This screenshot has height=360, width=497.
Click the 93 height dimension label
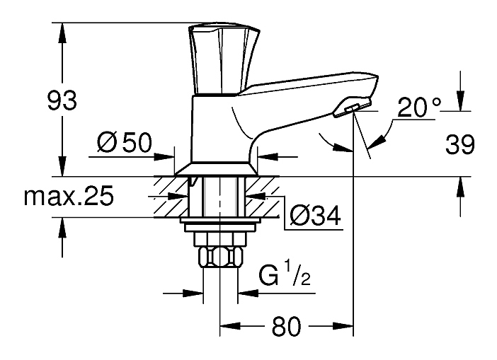pyautogui.click(x=62, y=100)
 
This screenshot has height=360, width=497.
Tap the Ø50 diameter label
pyautogui.click(x=125, y=142)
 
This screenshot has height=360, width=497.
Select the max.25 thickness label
pyautogui.click(x=69, y=196)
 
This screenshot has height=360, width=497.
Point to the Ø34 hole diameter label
pyautogui.click(x=315, y=215)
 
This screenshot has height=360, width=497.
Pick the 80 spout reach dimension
pyautogui.click(x=285, y=327)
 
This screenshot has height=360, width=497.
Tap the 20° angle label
pyautogui.click(x=418, y=108)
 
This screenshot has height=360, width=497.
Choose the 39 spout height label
pyautogui.click(x=459, y=144)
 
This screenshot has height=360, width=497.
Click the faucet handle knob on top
pyautogui.click(x=224, y=59)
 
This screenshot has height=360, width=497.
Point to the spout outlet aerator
pyautogui.click(x=351, y=108)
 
